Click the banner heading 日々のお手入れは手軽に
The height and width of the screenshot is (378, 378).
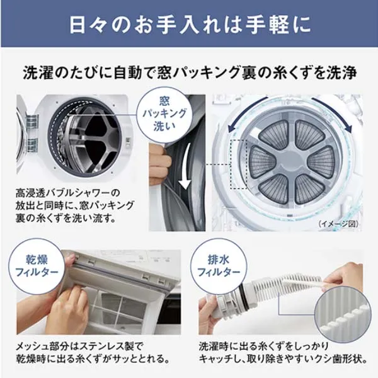pos(190,25)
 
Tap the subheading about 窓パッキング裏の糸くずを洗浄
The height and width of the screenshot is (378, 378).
pos(190,73)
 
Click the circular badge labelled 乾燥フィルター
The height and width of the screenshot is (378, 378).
pos(37,266)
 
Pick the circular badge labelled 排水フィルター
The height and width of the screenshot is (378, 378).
pos(219,266)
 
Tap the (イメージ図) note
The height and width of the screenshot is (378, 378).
pos(338,224)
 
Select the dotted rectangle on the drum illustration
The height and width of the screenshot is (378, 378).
pos(239,164)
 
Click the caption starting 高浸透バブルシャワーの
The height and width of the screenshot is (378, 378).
pos(74,206)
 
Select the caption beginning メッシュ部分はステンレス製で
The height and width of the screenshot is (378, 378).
pos(93,353)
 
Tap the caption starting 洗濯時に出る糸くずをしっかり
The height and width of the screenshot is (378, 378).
pos(283,353)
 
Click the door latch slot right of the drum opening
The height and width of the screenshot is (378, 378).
pos(129,143)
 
